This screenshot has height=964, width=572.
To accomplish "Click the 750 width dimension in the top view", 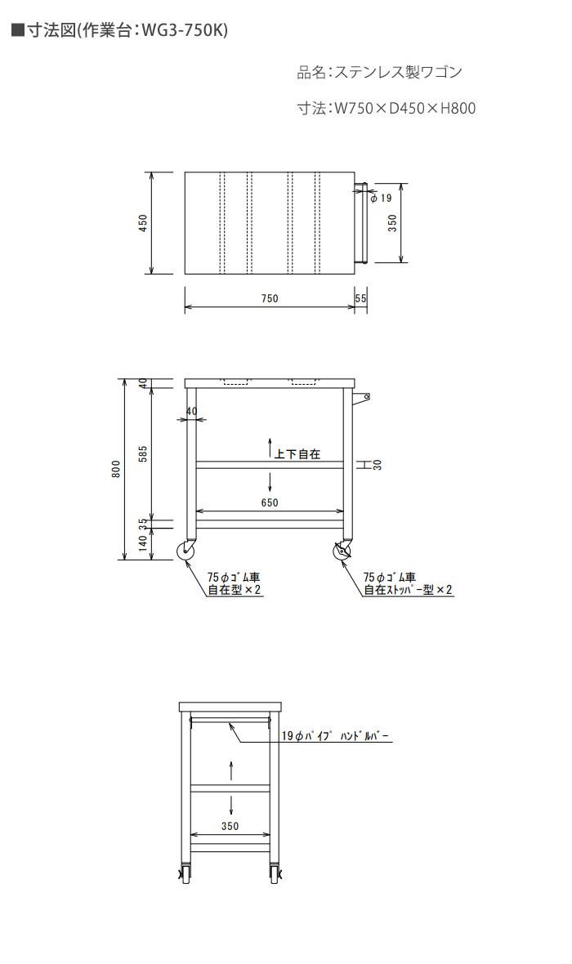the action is tap(270, 298).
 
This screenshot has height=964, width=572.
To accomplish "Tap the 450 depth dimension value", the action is tap(143, 222).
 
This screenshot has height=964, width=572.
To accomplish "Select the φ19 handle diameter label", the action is tap(382, 198).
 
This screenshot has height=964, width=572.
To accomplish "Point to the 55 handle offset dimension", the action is tap(361, 298).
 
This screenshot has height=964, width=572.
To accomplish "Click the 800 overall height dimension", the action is tap(116, 468).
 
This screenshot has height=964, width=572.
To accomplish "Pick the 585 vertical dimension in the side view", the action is tap(143, 453).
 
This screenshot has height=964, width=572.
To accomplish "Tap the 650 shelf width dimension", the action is tap(270, 502).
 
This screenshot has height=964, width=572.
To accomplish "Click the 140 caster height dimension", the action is tap(143, 543).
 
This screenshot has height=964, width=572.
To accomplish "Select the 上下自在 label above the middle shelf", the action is tap(297, 454).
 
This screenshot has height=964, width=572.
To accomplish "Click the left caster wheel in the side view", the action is tap(185, 551).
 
